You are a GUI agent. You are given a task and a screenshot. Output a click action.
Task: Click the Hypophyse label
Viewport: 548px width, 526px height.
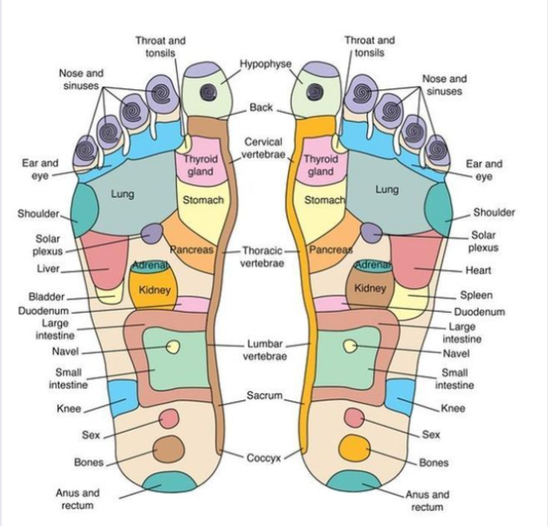(266, 64)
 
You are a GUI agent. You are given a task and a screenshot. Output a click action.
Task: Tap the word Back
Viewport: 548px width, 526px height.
(261, 108)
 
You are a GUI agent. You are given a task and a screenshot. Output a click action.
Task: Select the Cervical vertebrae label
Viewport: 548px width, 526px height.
(263, 149)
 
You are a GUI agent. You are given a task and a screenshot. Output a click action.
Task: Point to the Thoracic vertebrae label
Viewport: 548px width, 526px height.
(263, 256)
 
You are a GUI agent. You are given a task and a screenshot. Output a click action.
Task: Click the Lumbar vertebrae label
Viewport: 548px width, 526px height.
(264, 349)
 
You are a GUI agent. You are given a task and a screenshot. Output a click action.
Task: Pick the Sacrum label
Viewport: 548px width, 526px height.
(264, 396)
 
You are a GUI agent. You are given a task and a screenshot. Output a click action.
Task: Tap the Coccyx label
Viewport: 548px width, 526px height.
(264, 457)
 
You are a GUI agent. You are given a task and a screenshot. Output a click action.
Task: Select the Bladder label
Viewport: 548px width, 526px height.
(46, 296)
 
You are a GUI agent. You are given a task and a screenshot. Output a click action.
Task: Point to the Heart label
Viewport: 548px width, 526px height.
(478, 270)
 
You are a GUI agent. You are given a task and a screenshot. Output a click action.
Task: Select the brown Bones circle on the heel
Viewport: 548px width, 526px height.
(168, 449)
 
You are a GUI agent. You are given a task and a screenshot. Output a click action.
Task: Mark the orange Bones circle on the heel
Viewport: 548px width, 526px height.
(357, 448)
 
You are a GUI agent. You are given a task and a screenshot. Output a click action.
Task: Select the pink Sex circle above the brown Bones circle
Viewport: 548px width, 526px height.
(169, 419)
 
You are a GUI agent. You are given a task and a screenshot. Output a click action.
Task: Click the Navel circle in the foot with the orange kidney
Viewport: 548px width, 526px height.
(173, 347)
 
